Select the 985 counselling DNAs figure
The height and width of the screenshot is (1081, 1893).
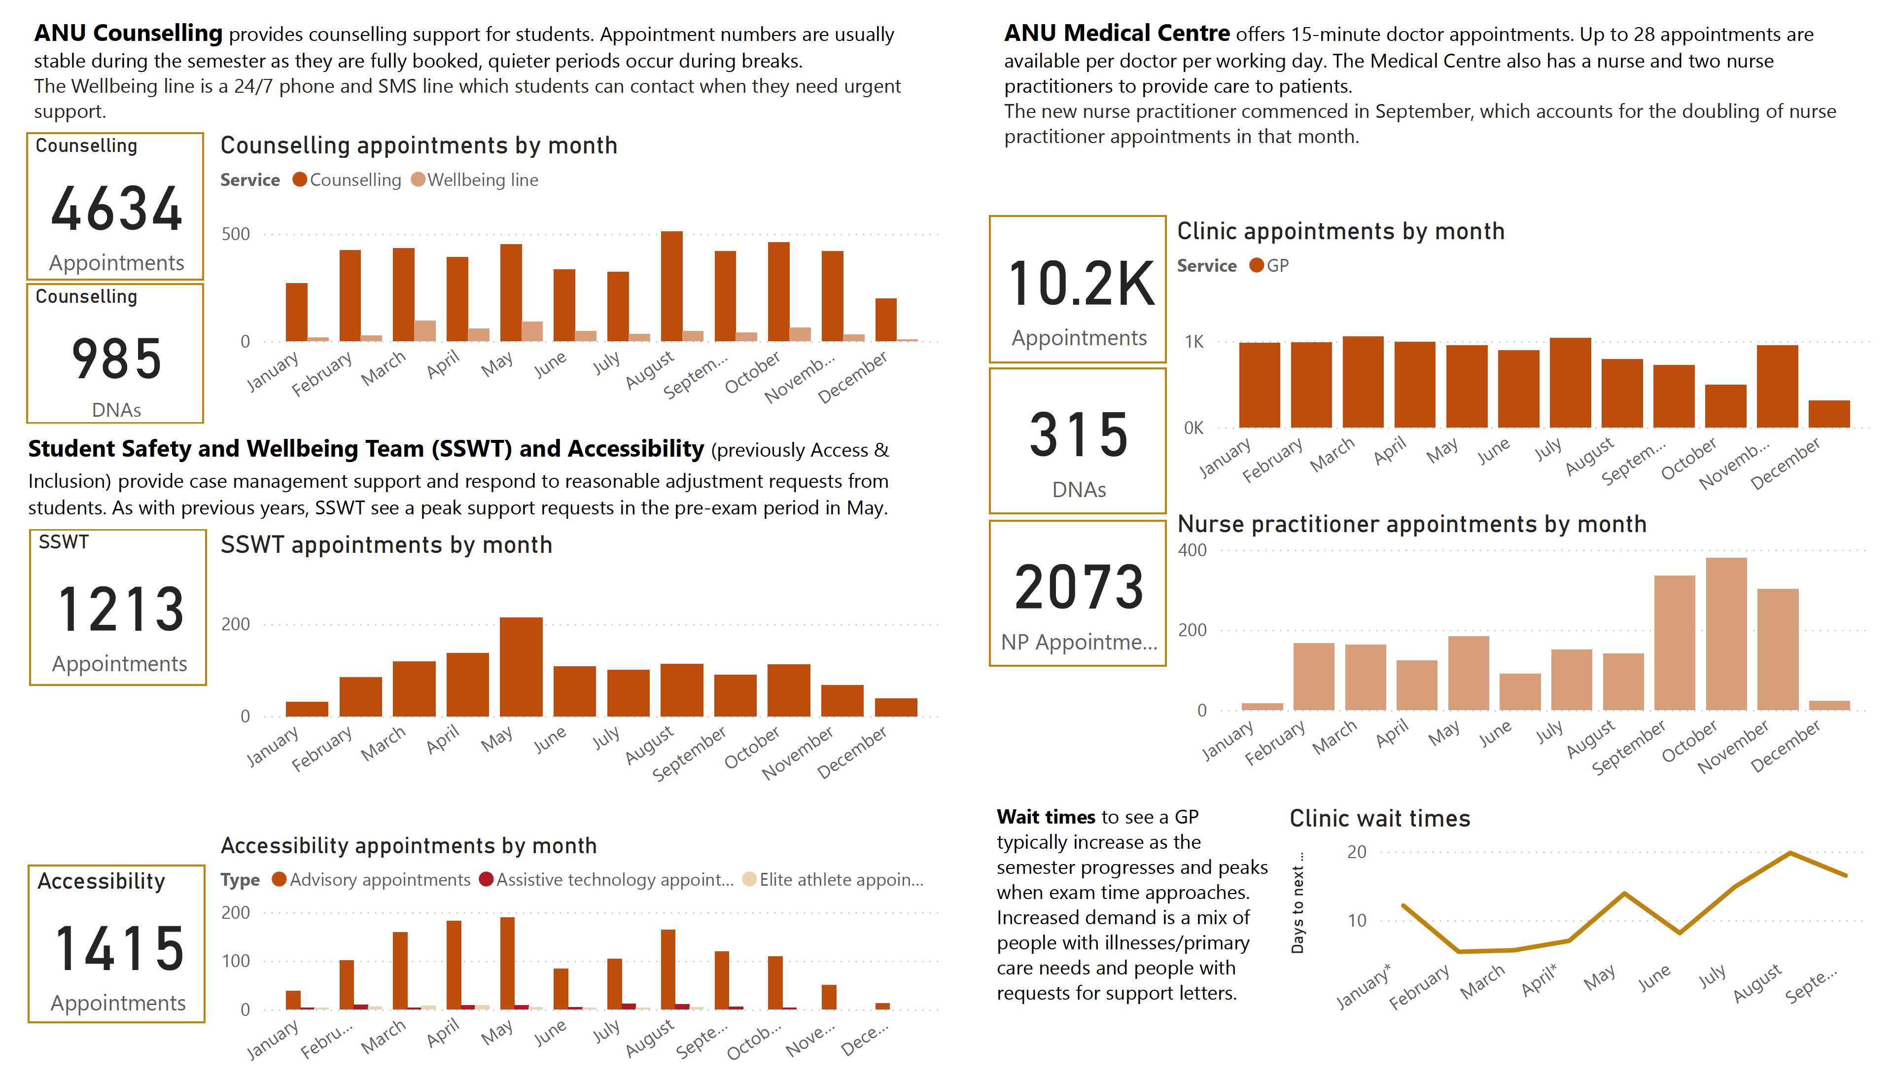[x=116, y=360]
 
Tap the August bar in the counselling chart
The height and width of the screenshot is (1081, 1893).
[x=671, y=287]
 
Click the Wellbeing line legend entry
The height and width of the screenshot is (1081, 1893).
[x=475, y=180]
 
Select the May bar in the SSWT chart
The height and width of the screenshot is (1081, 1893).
[x=521, y=667]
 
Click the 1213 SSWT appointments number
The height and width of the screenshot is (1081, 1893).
[x=120, y=610]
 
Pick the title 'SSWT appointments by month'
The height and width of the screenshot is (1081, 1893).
[x=386, y=545]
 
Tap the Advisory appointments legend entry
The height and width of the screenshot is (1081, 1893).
[x=372, y=880]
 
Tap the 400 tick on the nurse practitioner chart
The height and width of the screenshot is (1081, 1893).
[x=1192, y=550]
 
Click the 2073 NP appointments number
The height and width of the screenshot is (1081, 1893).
[x=1079, y=586]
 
